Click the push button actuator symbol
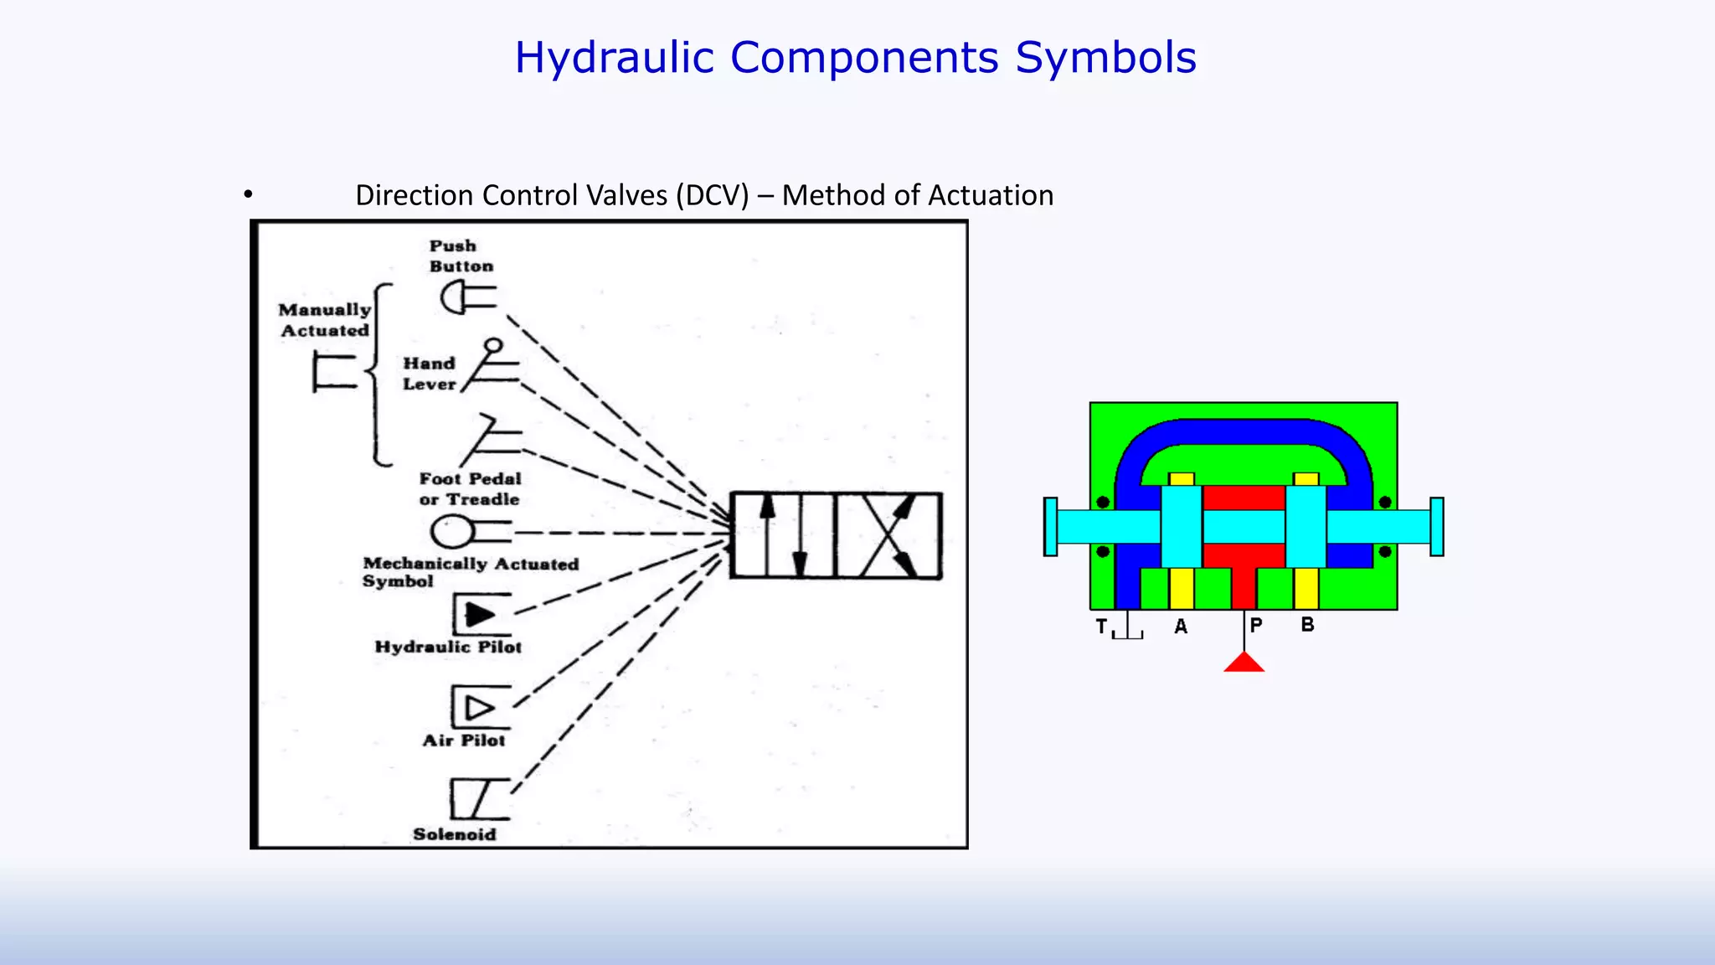[x=467, y=297]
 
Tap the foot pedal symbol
[x=492, y=436]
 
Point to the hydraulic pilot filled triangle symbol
[x=480, y=615]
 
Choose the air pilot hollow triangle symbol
[x=480, y=708]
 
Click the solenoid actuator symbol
[x=478, y=798]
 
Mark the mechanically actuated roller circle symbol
[x=453, y=531]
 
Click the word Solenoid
[x=454, y=834]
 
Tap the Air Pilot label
[x=463, y=741]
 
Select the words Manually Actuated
[x=325, y=320]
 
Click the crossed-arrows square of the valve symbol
[x=888, y=536]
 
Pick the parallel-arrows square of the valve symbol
[x=783, y=536]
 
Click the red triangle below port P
[x=1244, y=663]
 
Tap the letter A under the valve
[x=1181, y=627]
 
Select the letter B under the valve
[x=1307, y=625]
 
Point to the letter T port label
[x=1102, y=627]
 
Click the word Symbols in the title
[x=1105, y=58]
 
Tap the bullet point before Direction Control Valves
[x=248, y=195]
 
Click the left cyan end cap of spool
[x=1050, y=527]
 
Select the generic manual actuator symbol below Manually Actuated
[x=333, y=372]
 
